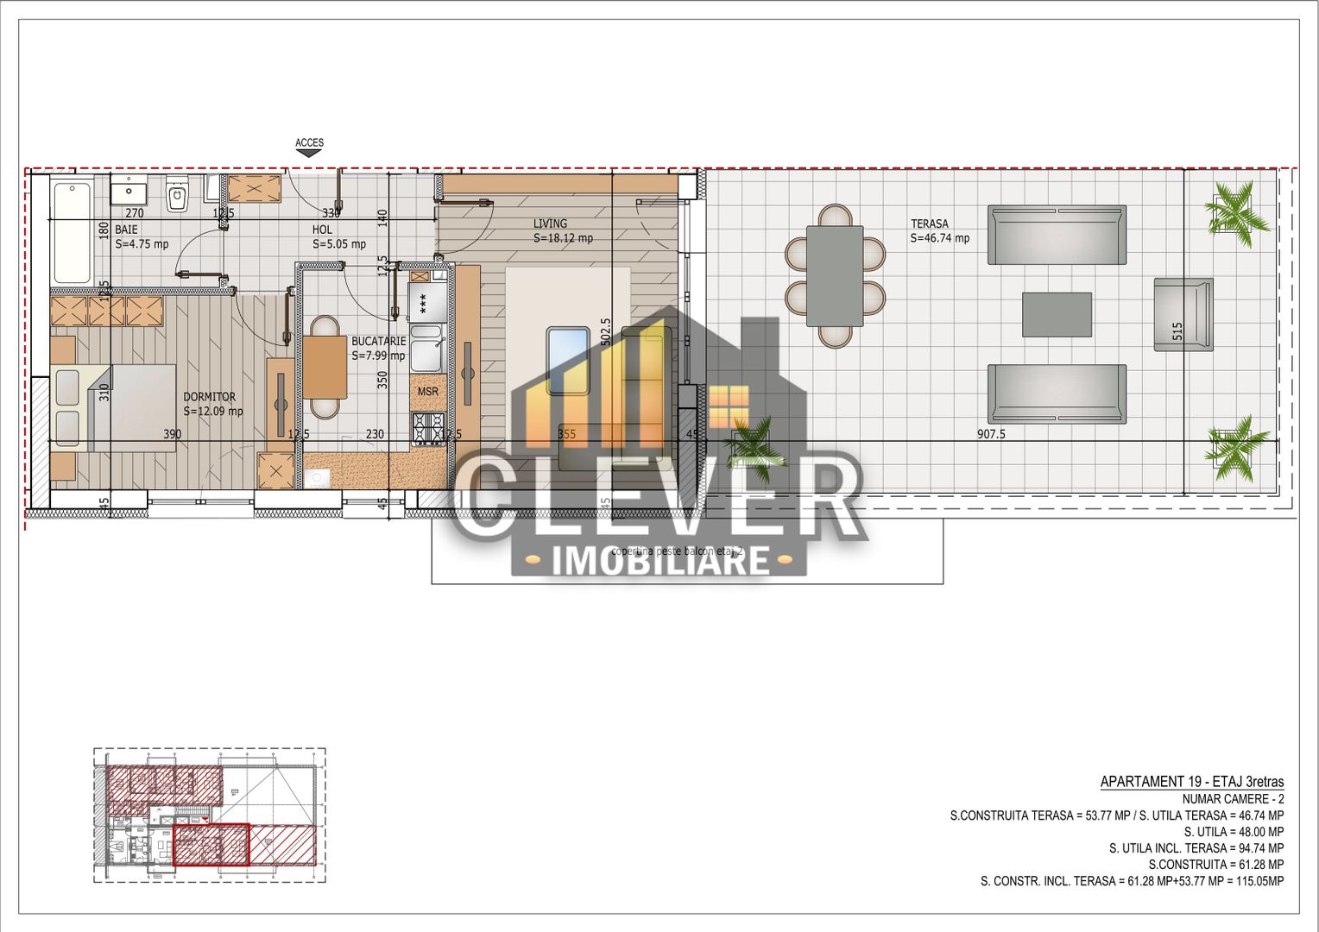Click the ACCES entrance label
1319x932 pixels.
coord(309,143)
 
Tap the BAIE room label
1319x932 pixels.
coord(126,230)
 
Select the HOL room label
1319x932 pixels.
coord(322,230)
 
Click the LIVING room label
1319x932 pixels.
coord(550,224)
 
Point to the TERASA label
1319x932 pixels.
coord(929,224)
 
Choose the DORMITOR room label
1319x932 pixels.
coord(209,397)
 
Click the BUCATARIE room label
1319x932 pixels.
coord(378,341)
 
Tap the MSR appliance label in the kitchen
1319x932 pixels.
coord(427,392)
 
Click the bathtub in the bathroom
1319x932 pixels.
coord(72,231)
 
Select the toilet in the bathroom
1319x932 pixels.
coord(178,196)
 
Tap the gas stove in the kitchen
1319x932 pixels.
coord(427,427)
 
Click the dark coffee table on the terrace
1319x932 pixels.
coord(1057,314)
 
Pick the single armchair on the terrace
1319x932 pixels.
coord(1183,314)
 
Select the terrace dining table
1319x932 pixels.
coord(835,276)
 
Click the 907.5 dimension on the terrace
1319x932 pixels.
coord(991,434)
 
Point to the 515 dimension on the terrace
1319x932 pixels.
coord(1177,331)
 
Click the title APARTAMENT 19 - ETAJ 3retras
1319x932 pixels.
coord(1191,782)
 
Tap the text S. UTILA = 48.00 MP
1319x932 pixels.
coord(1234,832)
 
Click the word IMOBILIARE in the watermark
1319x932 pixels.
coord(660,561)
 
